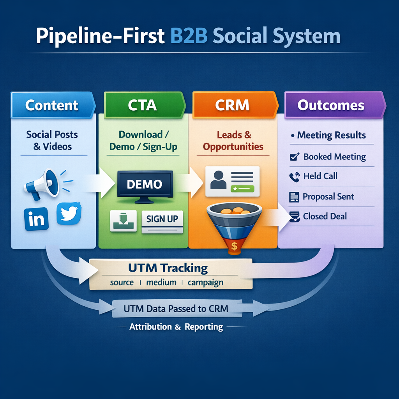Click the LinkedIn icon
(36, 219)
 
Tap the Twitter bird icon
(69, 214)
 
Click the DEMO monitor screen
(145, 184)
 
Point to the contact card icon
(232, 181)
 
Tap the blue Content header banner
(52, 105)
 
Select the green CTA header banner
(143, 105)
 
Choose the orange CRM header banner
(232, 105)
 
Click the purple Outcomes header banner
(331, 105)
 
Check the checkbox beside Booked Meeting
(295, 157)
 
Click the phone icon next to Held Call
(294, 177)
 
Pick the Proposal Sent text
(328, 197)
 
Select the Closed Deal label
(325, 216)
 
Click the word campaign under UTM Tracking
(205, 282)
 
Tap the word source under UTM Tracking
(122, 282)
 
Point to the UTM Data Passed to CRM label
(176, 309)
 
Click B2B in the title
(190, 36)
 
